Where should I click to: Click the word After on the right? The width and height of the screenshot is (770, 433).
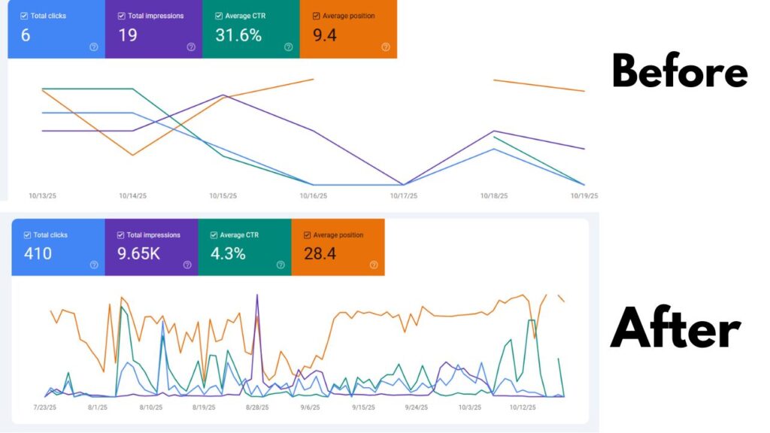click(x=675, y=329)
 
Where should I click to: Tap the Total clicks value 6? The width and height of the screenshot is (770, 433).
click(x=26, y=35)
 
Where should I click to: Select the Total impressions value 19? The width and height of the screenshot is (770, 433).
click(x=128, y=35)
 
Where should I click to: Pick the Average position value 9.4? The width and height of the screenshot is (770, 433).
click(x=324, y=35)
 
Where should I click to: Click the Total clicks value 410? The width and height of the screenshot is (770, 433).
click(x=38, y=253)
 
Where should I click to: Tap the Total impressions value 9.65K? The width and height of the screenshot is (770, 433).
click(x=138, y=253)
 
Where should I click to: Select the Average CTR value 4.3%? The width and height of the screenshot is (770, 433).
click(x=228, y=253)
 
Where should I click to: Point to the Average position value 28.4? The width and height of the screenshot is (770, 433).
click(x=320, y=253)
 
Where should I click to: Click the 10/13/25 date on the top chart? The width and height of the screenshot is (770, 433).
click(x=42, y=196)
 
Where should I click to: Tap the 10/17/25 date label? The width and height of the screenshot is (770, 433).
click(x=403, y=196)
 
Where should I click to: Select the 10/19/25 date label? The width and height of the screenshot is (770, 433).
click(x=584, y=196)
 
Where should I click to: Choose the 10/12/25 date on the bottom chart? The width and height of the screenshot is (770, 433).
click(x=522, y=407)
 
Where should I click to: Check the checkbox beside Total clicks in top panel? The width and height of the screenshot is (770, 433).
click(x=24, y=16)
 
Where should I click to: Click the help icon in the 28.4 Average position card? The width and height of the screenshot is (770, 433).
click(x=374, y=265)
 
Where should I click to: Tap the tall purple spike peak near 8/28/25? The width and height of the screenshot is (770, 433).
click(x=257, y=295)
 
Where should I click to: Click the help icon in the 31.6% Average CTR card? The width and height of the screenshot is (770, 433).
click(x=288, y=47)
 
